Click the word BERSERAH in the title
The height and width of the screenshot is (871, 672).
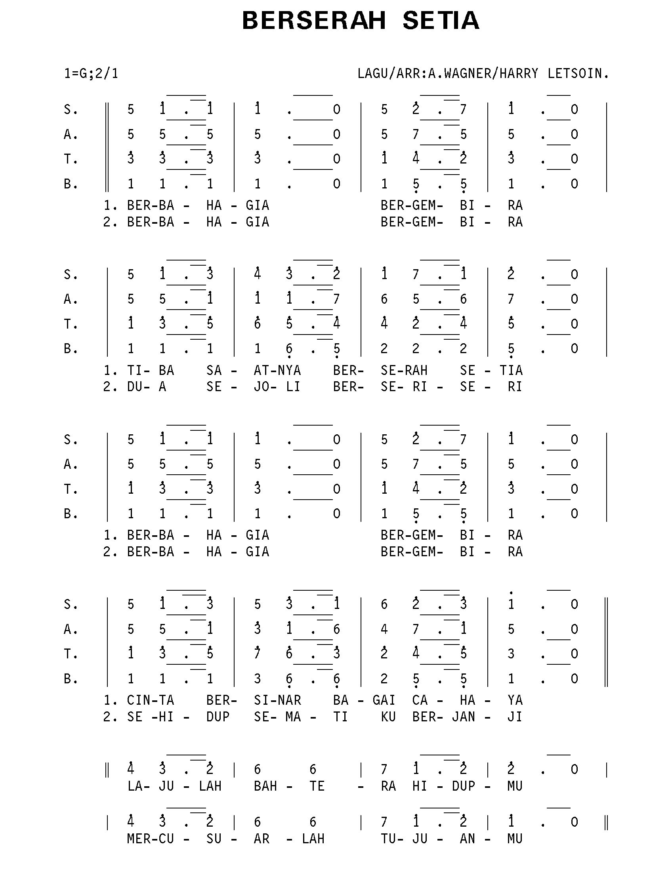(x=314, y=21)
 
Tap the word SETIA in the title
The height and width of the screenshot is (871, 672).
(x=441, y=21)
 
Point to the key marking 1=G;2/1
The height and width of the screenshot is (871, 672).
(x=91, y=74)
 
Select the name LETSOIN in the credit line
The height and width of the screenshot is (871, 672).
(x=577, y=73)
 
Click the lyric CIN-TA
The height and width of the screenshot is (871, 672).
(x=151, y=700)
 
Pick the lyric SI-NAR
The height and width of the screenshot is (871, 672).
(x=277, y=700)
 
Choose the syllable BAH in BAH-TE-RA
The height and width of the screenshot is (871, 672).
(x=265, y=785)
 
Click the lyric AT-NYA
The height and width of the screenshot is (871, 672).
(x=277, y=370)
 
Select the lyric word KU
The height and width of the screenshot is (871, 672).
(x=388, y=717)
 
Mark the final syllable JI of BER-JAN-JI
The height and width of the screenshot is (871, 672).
(x=515, y=717)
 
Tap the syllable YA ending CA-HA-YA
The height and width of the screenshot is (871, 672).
(x=515, y=700)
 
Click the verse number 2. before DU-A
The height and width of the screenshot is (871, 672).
(x=110, y=386)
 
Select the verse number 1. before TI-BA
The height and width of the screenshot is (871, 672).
(x=110, y=370)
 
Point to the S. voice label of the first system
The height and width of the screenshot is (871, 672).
(x=71, y=109)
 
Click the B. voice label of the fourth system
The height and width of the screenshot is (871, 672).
(x=71, y=678)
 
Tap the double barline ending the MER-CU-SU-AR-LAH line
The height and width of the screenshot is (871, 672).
(x=606, y=822)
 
